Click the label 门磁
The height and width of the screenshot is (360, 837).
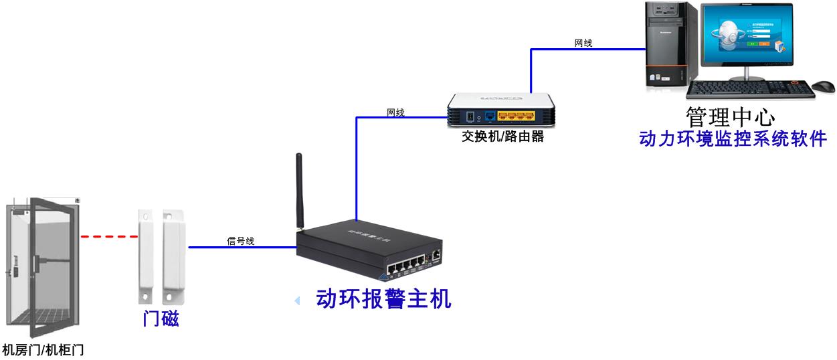[161, 319]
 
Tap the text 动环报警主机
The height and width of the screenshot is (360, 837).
[383, 298]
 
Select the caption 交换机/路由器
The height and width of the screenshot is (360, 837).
[502, 137]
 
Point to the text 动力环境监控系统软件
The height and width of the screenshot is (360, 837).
[733, 139]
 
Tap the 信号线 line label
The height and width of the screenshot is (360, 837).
[240, 241]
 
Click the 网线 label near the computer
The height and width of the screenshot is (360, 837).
[583, 43]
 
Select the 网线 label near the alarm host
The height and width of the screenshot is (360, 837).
[395, 112]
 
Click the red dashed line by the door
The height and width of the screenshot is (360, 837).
[108, 236]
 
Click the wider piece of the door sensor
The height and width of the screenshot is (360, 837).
[174, 255]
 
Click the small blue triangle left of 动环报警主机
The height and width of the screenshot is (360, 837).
[297, 302]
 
